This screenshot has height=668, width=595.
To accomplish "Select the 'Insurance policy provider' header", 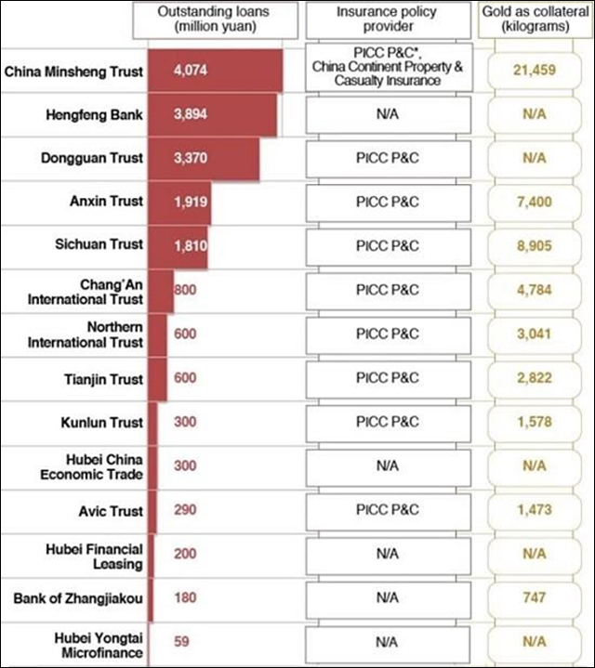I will tap(388, 20).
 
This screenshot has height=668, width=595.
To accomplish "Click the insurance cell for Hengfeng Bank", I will tap(388, 114).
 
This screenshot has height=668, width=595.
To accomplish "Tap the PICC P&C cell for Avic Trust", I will tap(388, 509).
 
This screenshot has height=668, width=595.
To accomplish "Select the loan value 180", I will tap(185, 597).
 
